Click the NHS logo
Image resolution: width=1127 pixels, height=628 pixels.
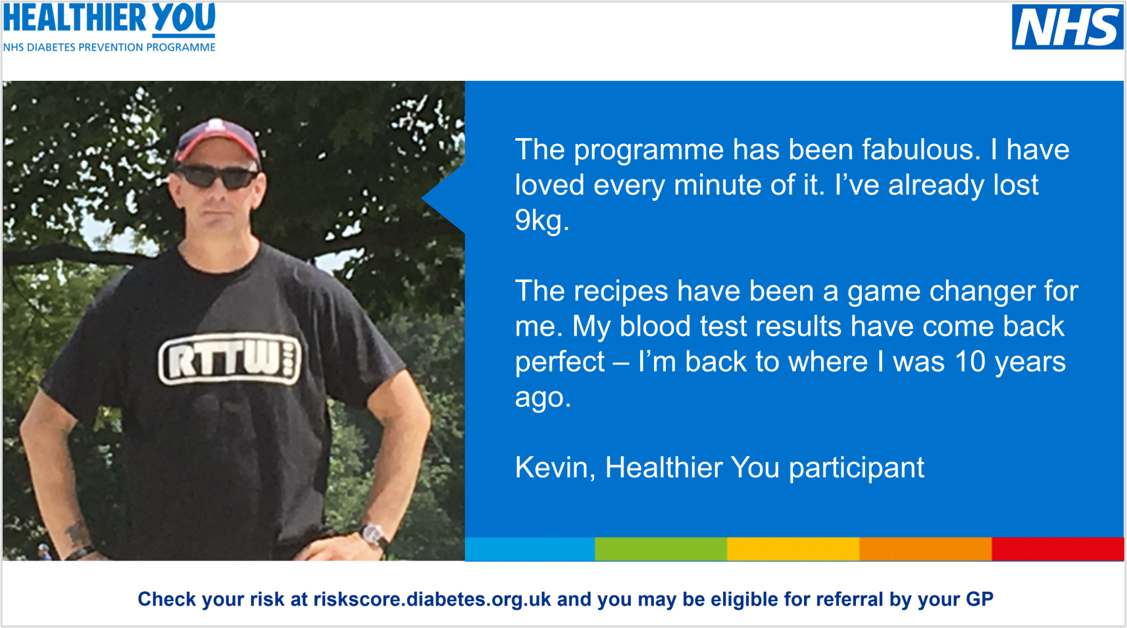1067,27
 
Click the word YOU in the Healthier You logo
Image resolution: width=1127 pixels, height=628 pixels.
184,19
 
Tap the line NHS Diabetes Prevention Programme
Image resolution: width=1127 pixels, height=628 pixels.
109,47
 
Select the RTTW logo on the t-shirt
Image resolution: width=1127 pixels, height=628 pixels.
230,358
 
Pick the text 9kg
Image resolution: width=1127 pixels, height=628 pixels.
542,220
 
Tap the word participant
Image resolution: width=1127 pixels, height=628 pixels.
857,468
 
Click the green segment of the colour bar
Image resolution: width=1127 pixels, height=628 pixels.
661,549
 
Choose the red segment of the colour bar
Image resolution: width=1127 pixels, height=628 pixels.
1057,549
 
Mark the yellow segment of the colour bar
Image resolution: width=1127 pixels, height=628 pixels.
793,549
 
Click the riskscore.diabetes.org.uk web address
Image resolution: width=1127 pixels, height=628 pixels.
432,599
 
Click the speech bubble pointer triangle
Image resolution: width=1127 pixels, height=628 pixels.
443,199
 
